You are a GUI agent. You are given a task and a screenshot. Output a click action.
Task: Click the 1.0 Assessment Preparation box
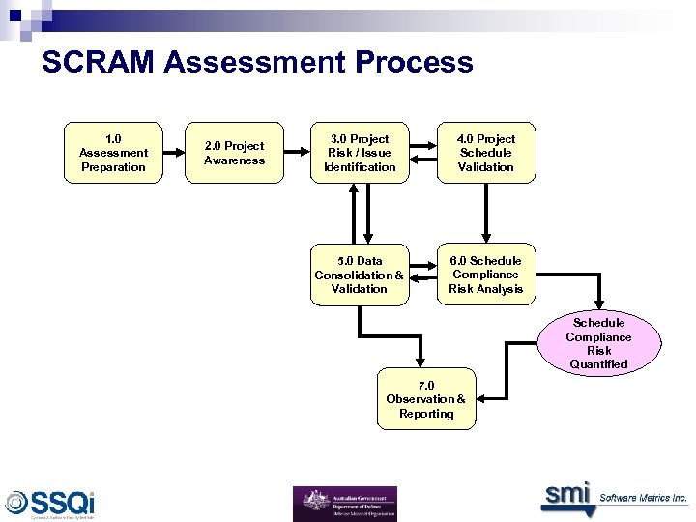pyautogui.click(x=113, y=153)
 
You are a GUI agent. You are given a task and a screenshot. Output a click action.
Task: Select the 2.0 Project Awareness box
pyautogui.click(x=234, y=153)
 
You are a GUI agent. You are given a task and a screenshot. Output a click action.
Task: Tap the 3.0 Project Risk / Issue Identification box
pyautogui.click(x=359, y=153)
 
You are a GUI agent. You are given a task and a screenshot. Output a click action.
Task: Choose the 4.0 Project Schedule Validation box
pyautogui.click(x=486, y=153)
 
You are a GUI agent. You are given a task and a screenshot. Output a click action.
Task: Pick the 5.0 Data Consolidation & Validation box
pyautogui.click(x=359, y=275)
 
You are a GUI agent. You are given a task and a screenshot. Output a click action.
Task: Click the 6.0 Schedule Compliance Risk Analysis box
pyautogui.click(x=486, y=275)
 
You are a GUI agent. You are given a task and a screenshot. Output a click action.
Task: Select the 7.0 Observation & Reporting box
pyautogui.click(x=425, y=398)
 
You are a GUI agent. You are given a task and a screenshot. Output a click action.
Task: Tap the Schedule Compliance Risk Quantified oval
pyautogui.click(x=598, y=343)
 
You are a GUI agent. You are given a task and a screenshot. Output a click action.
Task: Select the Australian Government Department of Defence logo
pyautogui.click(x=344, y=504)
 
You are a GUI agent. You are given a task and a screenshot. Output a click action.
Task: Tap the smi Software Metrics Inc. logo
pyautogui.click(x=614, y=496)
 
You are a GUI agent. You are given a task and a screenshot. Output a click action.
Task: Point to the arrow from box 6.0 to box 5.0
pyautogui.click(x=422, y=275)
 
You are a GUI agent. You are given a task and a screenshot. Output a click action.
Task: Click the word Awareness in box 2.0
pyautogui.click(x=234, y=160)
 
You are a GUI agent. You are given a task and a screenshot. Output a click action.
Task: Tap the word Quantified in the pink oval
pyautogui.click(x=598, y=364)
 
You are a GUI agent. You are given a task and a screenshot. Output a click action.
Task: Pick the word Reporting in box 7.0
pyautogui.click(x=426, y=414)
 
